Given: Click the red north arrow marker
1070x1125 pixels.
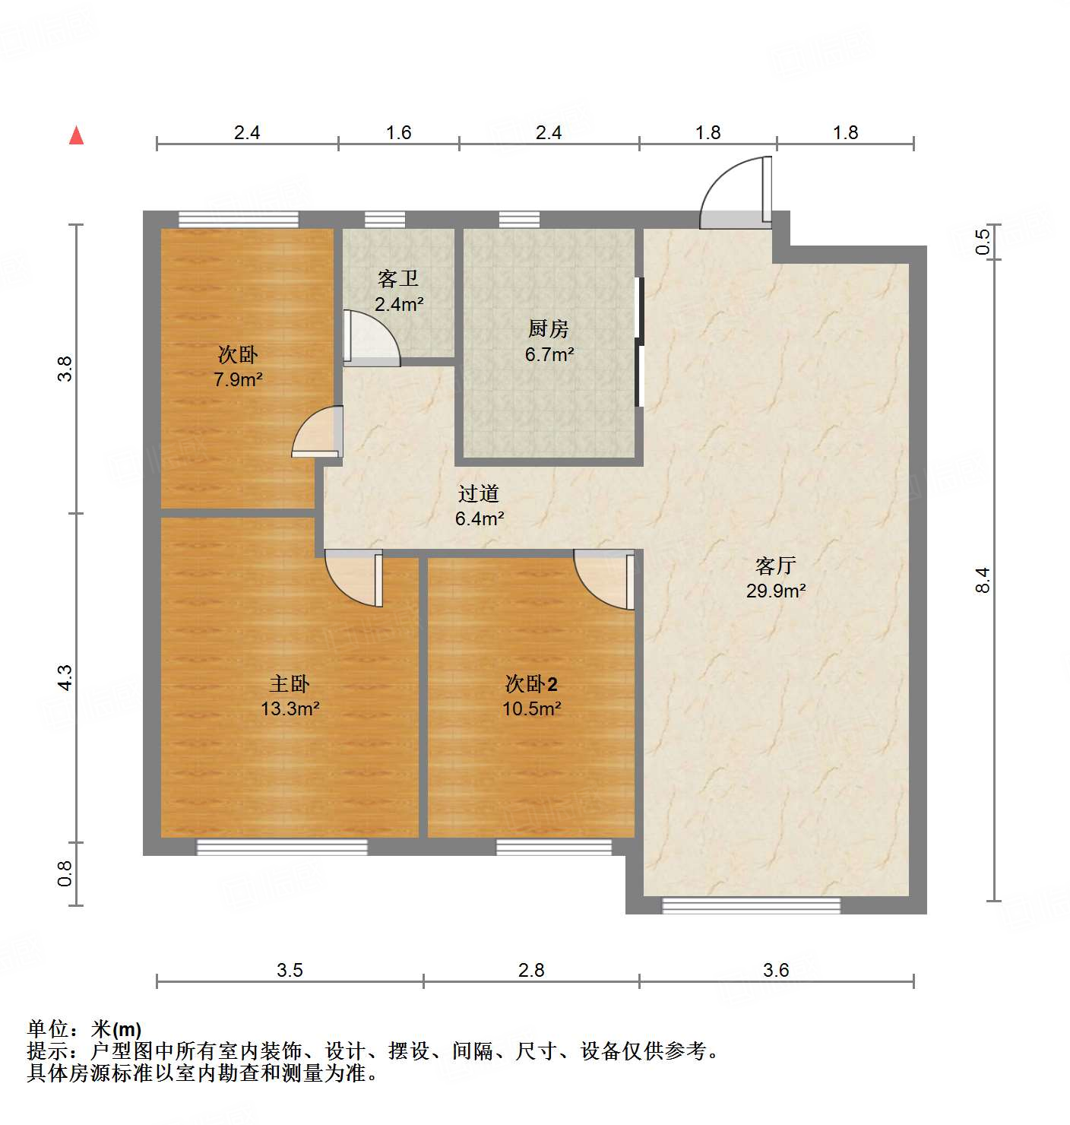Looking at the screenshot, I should coord(76,135).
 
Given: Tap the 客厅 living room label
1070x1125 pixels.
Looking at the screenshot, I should coord(775,566).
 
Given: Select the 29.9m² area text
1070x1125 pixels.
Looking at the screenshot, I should coord(775,591).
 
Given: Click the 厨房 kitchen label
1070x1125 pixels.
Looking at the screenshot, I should coord(548,328).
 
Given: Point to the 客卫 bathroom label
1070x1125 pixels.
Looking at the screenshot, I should coord(398,279).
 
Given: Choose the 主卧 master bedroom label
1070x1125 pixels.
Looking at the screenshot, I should coord(290,683).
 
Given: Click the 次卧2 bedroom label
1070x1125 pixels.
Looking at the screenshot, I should coord(531,683).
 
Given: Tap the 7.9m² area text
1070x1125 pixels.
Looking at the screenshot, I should coord(238,379).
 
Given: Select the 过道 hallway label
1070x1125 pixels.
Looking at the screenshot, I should coord(479,493).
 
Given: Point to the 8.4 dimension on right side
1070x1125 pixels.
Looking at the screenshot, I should coord(983,580).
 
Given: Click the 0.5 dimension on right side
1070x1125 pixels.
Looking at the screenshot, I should coord(983,242).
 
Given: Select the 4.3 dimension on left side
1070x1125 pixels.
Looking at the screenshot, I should coord(65,677).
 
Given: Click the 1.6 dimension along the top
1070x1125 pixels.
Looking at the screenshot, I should coord(398,132).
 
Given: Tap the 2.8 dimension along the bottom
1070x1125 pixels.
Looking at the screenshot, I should coord(531,970).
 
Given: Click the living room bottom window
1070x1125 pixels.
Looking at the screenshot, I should coord(751,905).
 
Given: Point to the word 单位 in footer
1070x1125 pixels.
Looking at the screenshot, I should coord(48,1029).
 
